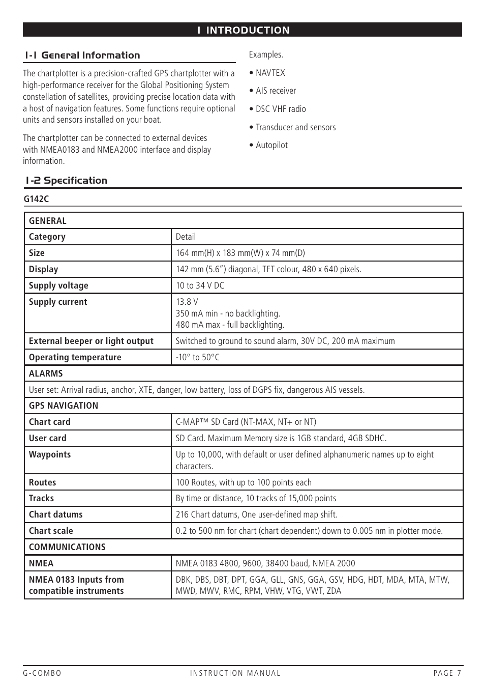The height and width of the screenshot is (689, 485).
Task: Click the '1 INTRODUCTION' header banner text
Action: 243,30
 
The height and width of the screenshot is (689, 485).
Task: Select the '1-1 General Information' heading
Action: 83,55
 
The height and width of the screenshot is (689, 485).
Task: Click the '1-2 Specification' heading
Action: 67,181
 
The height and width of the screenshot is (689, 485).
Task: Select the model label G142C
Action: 36,199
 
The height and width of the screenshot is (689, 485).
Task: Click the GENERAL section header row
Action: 48,221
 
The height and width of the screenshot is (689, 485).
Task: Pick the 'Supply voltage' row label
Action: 58,285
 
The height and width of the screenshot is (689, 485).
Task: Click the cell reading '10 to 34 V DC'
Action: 200,285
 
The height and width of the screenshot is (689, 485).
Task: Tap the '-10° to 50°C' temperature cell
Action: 198,357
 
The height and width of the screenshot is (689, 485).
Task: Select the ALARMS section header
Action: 46,374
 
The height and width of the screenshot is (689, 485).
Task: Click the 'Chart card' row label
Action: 50,422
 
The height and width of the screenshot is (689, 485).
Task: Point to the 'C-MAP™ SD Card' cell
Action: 246,422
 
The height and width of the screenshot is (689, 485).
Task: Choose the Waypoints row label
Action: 50,454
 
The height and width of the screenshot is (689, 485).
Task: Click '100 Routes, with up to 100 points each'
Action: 244,482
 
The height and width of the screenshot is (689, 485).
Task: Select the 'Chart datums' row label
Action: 55,514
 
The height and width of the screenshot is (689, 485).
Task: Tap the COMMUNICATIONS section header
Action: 67,547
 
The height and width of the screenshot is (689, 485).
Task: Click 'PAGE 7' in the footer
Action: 447,673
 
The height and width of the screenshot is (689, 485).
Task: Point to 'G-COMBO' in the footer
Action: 42,673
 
